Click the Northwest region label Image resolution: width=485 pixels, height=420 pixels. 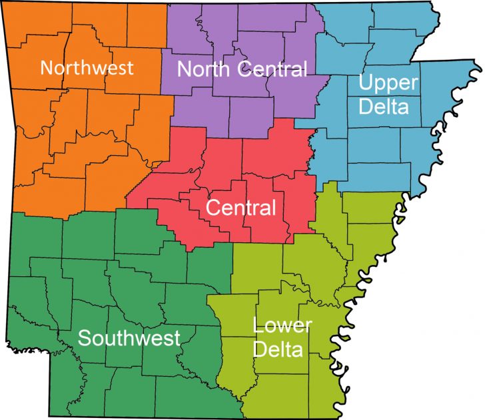pyautogui.click(x=87, y=67)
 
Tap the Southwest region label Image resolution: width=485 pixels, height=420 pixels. pyautogui.click(x=129, y=337)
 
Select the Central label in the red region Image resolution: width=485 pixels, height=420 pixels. pyautogui.click(x=241, y=208)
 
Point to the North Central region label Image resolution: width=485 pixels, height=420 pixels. pyautogui.click(x=242, y=68)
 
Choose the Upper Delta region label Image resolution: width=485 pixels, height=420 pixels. pyautogui.click(x=388, y=94)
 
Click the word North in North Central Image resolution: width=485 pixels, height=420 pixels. pyautogui.click(x=201, y=68)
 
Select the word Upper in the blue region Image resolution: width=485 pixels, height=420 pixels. pyautogui.click(x=388, y=83)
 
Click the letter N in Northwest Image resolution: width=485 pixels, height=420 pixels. pyautogui.click(x=47, y=67)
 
